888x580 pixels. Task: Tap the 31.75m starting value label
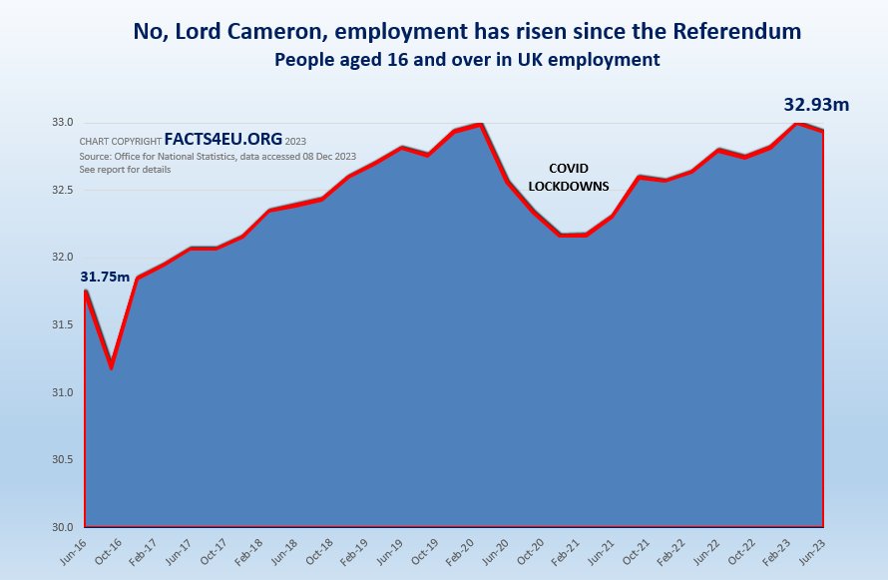(x=105, y=276)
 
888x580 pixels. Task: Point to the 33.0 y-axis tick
(x=63, y=123)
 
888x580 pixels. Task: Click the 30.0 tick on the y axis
(x=63, y=527)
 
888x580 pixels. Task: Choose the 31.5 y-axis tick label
(x=63, y=325)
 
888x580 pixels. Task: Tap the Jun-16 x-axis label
(x=74, y=547)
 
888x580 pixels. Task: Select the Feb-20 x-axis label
(x=465, y=547)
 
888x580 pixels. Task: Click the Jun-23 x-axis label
(x=813, y=547)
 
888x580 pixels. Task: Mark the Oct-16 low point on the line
(x=111, y=366)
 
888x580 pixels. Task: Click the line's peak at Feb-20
(x=481, y=124)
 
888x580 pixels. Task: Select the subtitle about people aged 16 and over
(x=467, y=60)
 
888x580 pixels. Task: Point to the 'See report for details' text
(x=125, y=170)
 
